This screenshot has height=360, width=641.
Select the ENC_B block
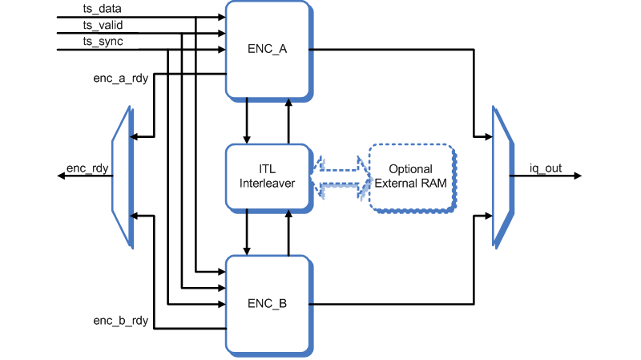point(267,304)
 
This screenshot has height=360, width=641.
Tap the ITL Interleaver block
point(267,176)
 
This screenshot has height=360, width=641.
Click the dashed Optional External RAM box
point(410,176)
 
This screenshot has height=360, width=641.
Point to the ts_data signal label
point(102,10)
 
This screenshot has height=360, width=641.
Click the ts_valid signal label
point(103,26)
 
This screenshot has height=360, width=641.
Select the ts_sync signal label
point(102,42)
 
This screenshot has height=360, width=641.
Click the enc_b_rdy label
point(121,321)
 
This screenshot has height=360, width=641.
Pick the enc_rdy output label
point(87,168)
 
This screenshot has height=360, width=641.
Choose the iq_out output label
point(545,168)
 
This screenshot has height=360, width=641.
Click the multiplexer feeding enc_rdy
point(123,176)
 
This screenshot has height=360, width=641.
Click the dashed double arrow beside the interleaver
point(339,176)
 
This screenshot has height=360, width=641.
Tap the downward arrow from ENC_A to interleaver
point(248,120)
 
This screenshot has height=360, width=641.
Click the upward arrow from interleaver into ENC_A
point(288,120)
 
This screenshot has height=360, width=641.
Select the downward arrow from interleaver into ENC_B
point(248,232)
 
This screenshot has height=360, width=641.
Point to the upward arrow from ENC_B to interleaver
point(288,232)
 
